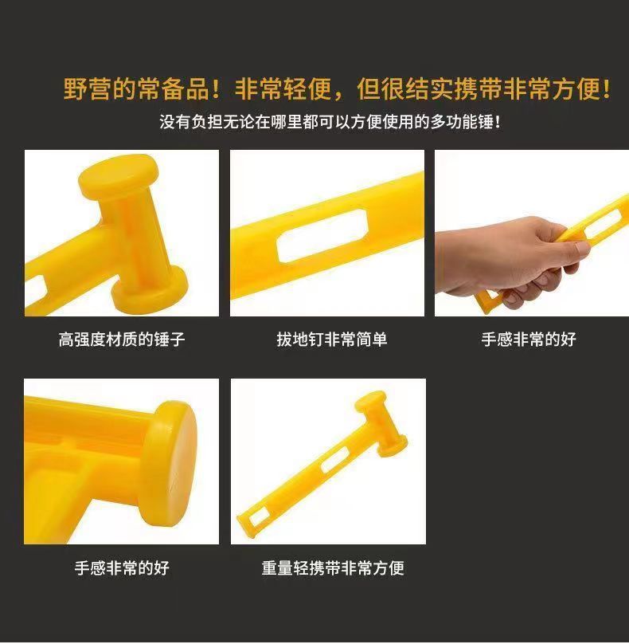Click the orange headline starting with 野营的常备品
[337, 88]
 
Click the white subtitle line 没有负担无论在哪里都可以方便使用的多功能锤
[330, 122]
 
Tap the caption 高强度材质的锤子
[122, 340]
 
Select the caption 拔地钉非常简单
[331, 340]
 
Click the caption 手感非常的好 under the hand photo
[529, 340]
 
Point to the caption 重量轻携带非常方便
[333, 568]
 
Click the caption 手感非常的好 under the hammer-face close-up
[122, 568]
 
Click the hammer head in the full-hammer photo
[381, 424]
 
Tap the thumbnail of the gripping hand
[532, 233]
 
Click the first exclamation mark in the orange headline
[217, 89]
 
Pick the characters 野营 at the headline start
[87, 88]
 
